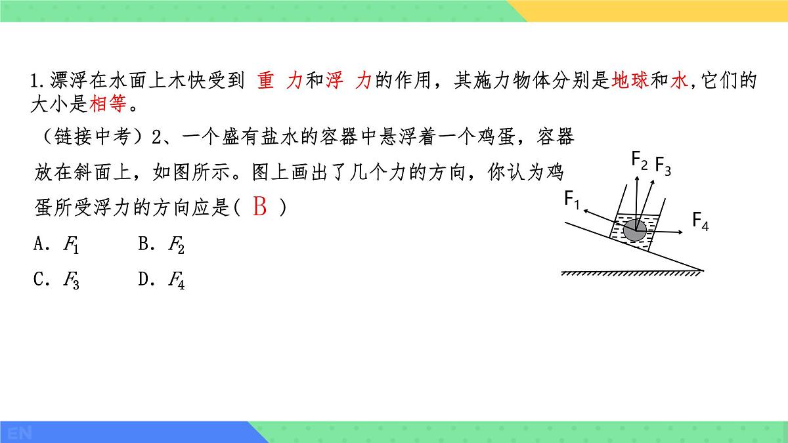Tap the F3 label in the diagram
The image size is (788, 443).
point(663,167)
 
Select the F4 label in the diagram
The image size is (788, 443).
point(701,222)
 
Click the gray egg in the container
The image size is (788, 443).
point(635,230)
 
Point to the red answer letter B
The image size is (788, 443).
point(260,207)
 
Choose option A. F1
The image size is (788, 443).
point(56,245)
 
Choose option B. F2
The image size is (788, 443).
point(162,245)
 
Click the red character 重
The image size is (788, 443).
point(265,81)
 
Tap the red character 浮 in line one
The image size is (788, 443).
point(334,81)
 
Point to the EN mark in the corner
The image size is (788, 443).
point(16,433)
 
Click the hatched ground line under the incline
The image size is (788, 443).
point(630,273)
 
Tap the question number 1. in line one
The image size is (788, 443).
point(37,81)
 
